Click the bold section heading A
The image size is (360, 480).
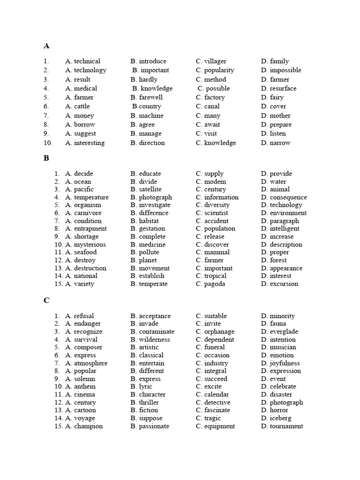pyautogui.click(x=46, y=46)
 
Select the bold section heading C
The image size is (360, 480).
pyautogui.click(x=46, y=300)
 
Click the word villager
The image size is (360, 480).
pyautogui.click(x=215, y=61)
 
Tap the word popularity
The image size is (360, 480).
pyautogui.click(x=219, y=70)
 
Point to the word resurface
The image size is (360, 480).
pyautogui.click(x=283, y=88)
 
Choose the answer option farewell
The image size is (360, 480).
pyautogui.click(x=151, y=97)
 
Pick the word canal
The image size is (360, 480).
pyautogui.click(x=212, y=106)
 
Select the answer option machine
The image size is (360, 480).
pyautogui.click(x=151, y=116)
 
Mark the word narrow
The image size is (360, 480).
pyautogui.click(x=280, y=143)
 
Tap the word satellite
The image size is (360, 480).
pyautogui.click(x=150, y=189)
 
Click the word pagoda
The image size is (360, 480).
pyautogui.click(x=215, y=284)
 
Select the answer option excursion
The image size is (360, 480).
pyautogui.click(x=284, y=284)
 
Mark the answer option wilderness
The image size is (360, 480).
pyautogui.click(x=154, y=340)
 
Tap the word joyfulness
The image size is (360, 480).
pyautogui.click(x=285, y=363)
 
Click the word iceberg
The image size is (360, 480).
pyautogui.click(x=280, y=418)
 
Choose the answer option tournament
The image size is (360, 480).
pyautogui.click(x=286, y=426)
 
